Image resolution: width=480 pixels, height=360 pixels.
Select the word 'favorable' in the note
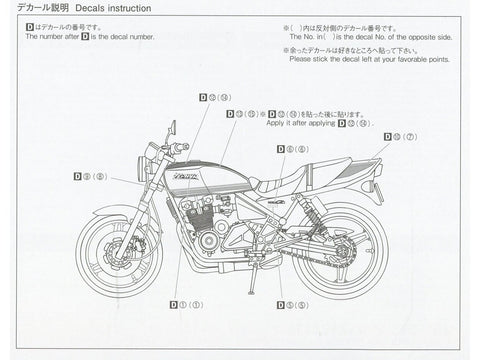(406, 59)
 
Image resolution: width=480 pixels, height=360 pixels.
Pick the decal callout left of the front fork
(90, 175)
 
